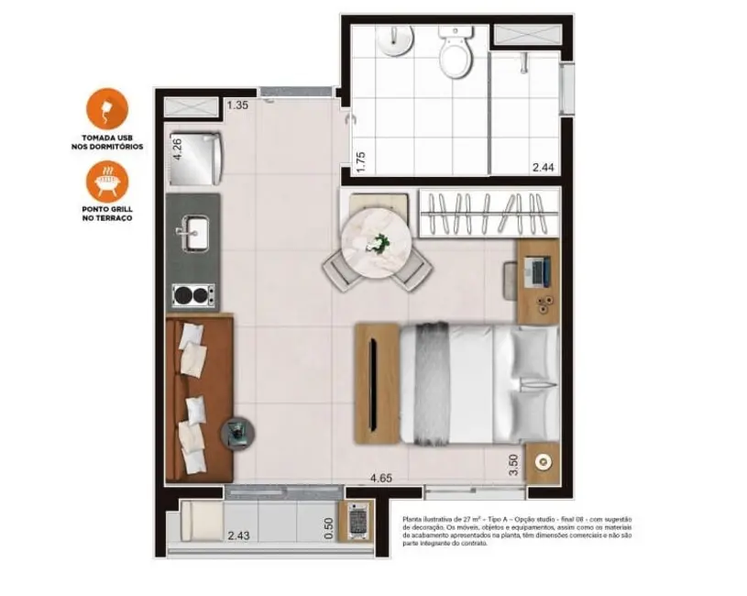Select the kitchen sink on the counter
(x=193, y=232)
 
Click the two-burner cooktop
(x=193, y=295)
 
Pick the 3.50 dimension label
(x=514, y=464)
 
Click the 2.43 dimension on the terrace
(x=238, y=535)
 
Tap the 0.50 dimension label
(x=328, y=530)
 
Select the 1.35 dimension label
(x=237, y=105)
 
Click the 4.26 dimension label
(x=177, y=149)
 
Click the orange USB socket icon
(x=107, y=109)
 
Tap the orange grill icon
(x=107, y=181)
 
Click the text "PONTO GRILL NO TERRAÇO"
(x=107, y=215)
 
